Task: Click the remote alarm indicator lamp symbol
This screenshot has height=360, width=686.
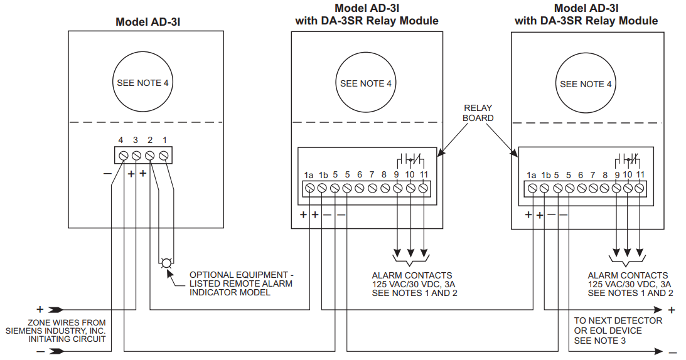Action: [166, 263]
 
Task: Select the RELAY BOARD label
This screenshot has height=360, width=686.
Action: [478, 113]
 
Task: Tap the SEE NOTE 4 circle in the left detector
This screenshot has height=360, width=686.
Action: [142, 83]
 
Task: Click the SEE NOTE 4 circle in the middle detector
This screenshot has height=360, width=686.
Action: [366, 83]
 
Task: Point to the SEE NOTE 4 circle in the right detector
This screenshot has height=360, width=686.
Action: [586, 84]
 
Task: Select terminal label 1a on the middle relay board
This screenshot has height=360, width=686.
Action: [309, 175]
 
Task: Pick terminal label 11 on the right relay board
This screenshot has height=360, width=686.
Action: [640, 175]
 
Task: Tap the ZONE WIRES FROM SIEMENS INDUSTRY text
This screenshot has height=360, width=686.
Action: [56, 331]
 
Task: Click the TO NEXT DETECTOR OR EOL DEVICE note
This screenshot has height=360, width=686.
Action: [618, 330]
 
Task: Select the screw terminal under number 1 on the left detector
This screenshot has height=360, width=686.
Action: [164, 155]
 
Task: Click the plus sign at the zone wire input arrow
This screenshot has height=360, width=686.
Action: [40, 309]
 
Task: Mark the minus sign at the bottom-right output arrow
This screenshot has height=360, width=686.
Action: [672, 352]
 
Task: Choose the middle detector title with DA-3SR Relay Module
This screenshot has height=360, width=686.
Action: [367, 14]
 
